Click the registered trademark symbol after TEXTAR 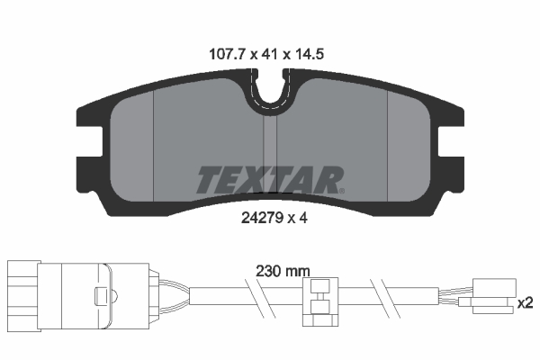(x=341, y=189)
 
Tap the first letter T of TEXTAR (x=206, y=180)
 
